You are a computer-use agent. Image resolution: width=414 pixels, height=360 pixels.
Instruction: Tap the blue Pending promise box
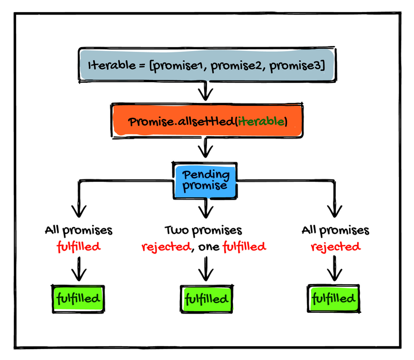[x=206, y=180]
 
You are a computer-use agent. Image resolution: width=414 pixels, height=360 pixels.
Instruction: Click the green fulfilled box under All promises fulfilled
[x=78, y=298]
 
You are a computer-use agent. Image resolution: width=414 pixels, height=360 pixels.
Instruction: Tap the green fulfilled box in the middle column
[x=206, y=299]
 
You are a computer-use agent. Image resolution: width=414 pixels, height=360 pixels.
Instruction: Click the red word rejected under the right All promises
[x=336, y=247]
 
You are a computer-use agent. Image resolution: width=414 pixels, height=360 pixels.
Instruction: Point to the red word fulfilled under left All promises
[x=78, y=247]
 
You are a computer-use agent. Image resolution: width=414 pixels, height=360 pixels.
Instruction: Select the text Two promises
[x=203, y=231]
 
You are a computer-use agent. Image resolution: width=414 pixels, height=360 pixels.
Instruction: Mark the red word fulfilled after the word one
[x=244, y=247]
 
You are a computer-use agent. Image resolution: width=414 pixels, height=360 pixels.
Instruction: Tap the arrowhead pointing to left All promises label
[x=78, y=210]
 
